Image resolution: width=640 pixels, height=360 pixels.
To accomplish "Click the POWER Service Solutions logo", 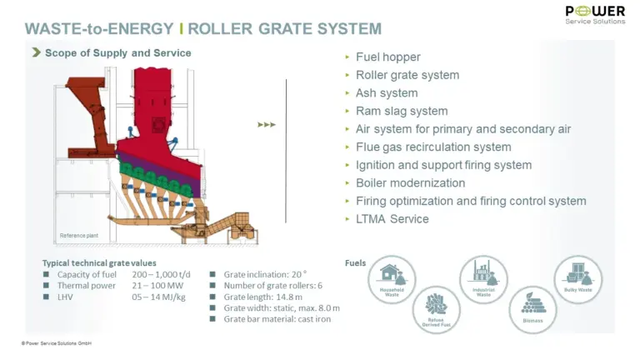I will [595, 14].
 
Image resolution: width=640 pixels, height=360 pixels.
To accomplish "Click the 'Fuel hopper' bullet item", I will [387, 57].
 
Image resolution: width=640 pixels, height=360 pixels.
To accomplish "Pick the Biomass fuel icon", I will [532, 306].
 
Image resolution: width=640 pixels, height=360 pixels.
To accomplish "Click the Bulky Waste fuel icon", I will [577, 278].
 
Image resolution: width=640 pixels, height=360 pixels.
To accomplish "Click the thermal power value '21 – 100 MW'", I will [158, 285].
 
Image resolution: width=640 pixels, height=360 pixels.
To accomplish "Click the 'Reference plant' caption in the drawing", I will [78, 236].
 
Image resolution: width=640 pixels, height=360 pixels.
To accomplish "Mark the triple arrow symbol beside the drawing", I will [267, 125].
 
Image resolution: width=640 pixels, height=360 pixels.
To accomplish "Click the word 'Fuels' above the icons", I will [355, 263].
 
